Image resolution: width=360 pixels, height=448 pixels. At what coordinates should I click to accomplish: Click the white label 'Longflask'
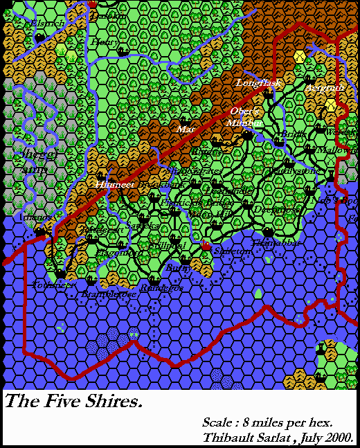click(255, 83)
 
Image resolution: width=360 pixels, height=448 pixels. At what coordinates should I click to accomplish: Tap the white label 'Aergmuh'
click(324, 88)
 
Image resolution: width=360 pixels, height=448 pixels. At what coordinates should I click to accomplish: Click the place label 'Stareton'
click(233, 251)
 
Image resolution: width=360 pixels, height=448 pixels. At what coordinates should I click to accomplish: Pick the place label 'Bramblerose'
click(109, 294)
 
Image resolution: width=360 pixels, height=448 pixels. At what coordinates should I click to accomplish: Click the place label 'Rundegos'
click(161, 287)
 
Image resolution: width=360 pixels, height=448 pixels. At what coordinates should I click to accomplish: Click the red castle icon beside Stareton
click(205, 247)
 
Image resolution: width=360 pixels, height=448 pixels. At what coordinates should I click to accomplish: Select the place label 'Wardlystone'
click(296, 170)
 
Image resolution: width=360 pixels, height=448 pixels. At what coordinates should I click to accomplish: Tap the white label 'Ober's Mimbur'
click(246, 116)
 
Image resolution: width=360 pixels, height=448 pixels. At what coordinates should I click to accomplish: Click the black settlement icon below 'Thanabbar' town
click(268, 232)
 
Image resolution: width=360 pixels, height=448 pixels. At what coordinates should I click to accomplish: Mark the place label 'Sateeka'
click(144, 226)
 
